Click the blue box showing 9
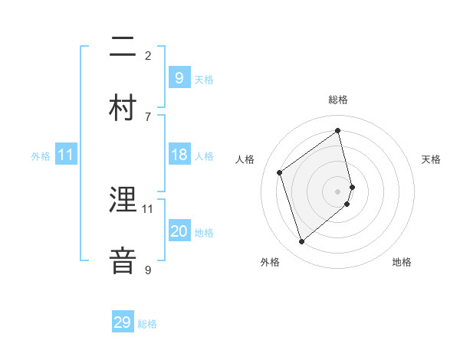pyautogui.click(x=179, y=77)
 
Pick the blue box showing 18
pyautogui.click(x=179, y=155)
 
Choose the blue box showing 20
pyautogui.click(x=179, y=231)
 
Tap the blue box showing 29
pyautogui.click(x=123, y=322)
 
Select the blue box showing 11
pyautogui.click(x=66, y=155)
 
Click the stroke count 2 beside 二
pyautogui.click(x=148, y=55)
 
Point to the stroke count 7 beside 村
pyautogui.click(x=148, y=116)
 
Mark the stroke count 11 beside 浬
pyautogui.click(x=148, y=208)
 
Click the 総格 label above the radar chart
pyautogui.click(x=338, y=100)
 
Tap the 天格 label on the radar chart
pyautogui.click(x=431, y=159)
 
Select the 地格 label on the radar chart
pyautogui.click(x=402, y=262)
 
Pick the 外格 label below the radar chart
pyautogui.click(x=270, y=262)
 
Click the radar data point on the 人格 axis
pyautogui.click(x=280, y=172)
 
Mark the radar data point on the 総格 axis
pyautogui.click(x=338, y=130)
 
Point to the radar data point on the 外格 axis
pyautogui.click(x=301, y=242)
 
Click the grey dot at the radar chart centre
pyautogui.click(x=338, y=191)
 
